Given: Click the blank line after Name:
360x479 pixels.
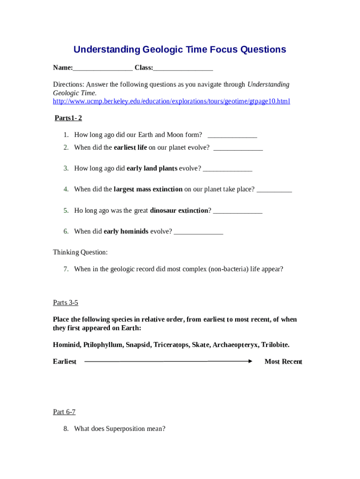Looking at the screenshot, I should click(x=102, y=68).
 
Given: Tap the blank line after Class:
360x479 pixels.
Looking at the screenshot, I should click(x=183, y=68).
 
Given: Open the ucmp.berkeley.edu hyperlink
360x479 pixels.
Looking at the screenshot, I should click(x=171, y=101).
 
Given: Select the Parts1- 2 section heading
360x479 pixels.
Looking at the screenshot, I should click(x=68, y=118).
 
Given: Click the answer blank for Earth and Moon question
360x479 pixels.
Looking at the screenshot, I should click(x=232, y=135).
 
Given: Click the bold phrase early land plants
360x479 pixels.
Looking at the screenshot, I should click(x=152, y=168).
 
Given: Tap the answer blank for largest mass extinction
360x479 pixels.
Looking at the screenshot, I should click(x=274, y=189).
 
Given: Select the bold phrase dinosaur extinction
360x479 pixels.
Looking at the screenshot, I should click(x=179, y=210).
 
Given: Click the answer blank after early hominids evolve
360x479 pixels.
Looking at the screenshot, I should click(x=198, y=232).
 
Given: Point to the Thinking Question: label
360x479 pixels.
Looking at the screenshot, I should click(x=80, y=252).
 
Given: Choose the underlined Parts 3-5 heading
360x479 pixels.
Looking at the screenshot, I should click(x=65, y=303).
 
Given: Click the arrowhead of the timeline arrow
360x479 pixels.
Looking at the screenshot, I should click(x=250, y=361).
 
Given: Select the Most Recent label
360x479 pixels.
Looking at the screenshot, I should click(x=283, y=362).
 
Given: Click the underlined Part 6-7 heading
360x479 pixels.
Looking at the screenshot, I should click(x=64, y=412).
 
